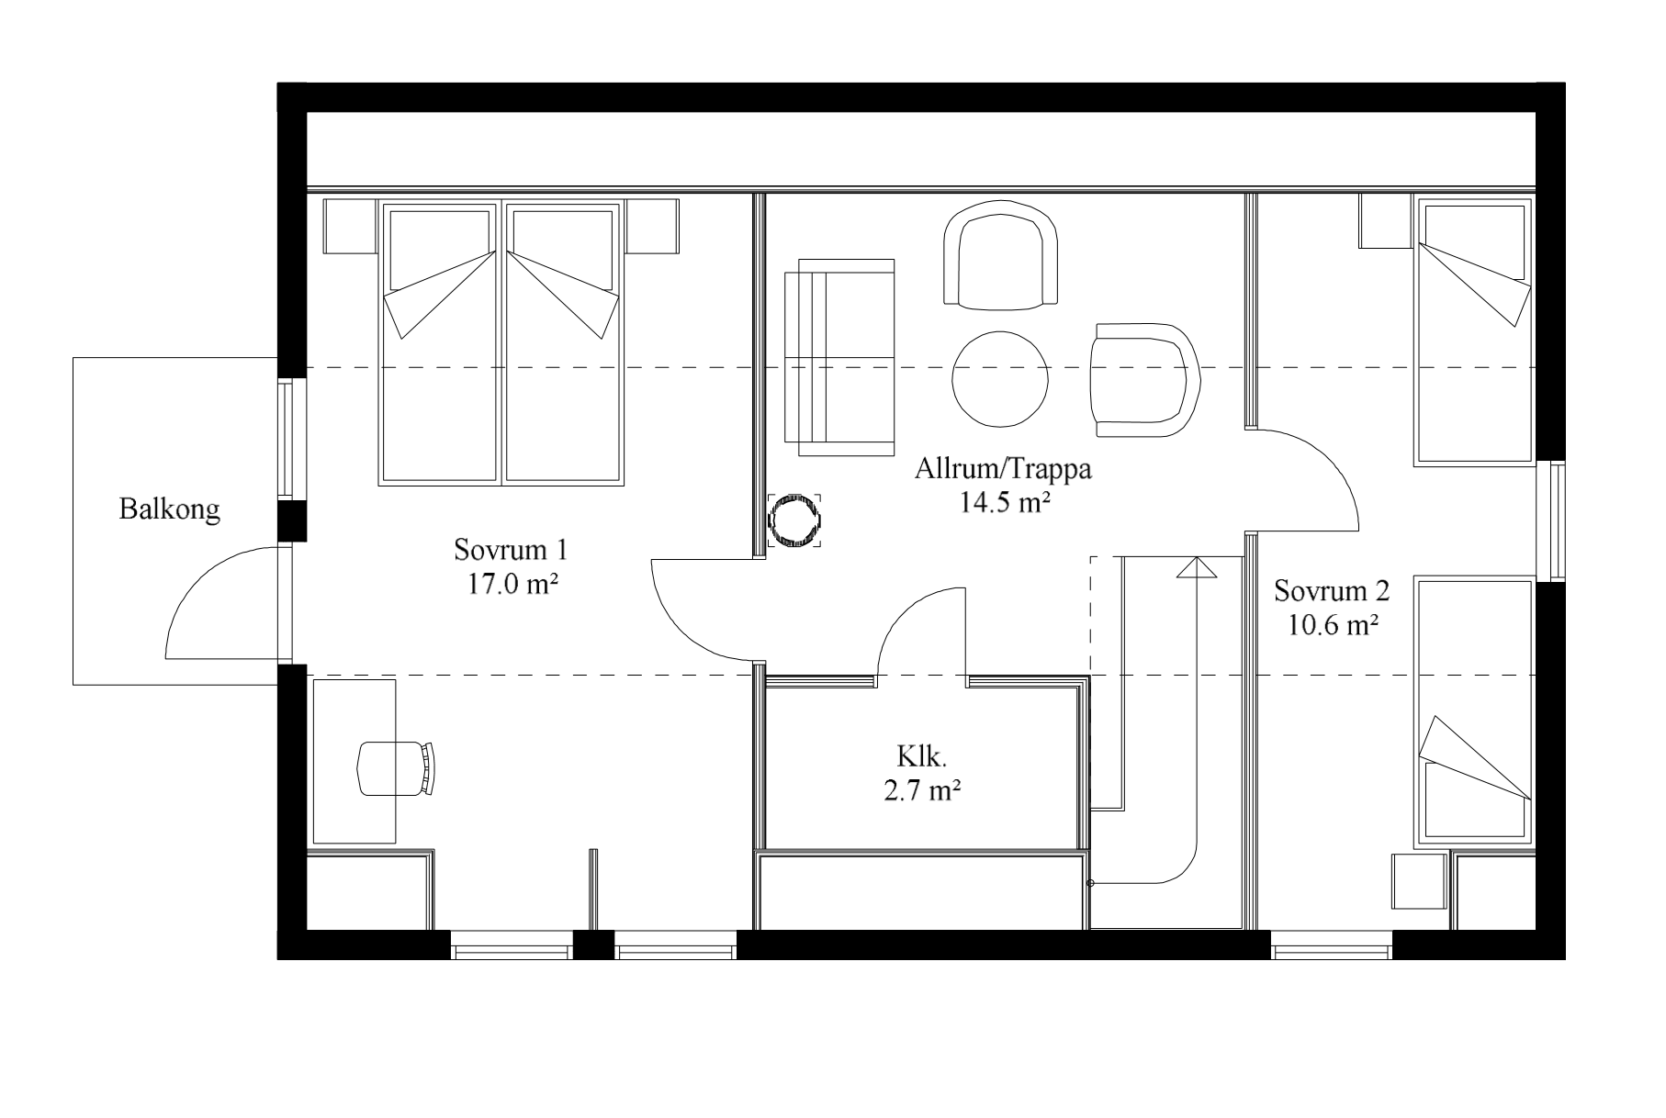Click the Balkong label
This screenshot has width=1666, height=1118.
pyautogui.click(x=169, y=510)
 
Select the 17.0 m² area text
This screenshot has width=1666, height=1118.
pyautogui.click(x=512, y=585)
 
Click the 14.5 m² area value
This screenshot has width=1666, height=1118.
pyautogui.click(x=1005, y=504)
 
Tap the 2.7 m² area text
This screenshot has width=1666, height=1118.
pyautogui.click(x=922, y=791)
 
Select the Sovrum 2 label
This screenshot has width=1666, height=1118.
pyautogui.click(x=1332, y=591)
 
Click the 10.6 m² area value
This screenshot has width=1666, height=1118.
pyautogui.click(x=1333, y=626)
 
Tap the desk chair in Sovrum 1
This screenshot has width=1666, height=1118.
pyautogui.click(x=397, y=768)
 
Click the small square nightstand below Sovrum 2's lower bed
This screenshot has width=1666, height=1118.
pyautogui.click(x=1420, y=881)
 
